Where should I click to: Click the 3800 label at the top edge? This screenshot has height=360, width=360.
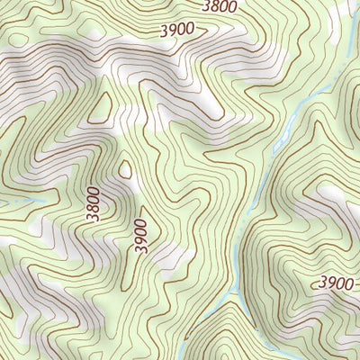coord(220,6)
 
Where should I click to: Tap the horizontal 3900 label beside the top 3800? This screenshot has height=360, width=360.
coord(177,30)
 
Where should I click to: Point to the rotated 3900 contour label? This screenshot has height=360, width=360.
coord(140,235)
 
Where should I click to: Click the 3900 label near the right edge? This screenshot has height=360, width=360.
coord(335,283)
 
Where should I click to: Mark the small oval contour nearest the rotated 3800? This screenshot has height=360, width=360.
coord(125,168)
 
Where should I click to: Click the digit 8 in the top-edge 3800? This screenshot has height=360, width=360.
coord(216,6)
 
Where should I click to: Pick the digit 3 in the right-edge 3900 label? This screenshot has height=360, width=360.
coord(320,283)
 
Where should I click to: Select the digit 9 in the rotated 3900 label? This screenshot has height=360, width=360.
coord(140,239)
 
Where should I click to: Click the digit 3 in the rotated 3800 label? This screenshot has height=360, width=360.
coord(94,218)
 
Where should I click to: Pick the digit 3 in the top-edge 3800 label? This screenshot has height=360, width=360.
coord(206,6)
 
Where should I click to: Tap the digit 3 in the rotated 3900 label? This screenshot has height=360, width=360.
coord(140,249)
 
